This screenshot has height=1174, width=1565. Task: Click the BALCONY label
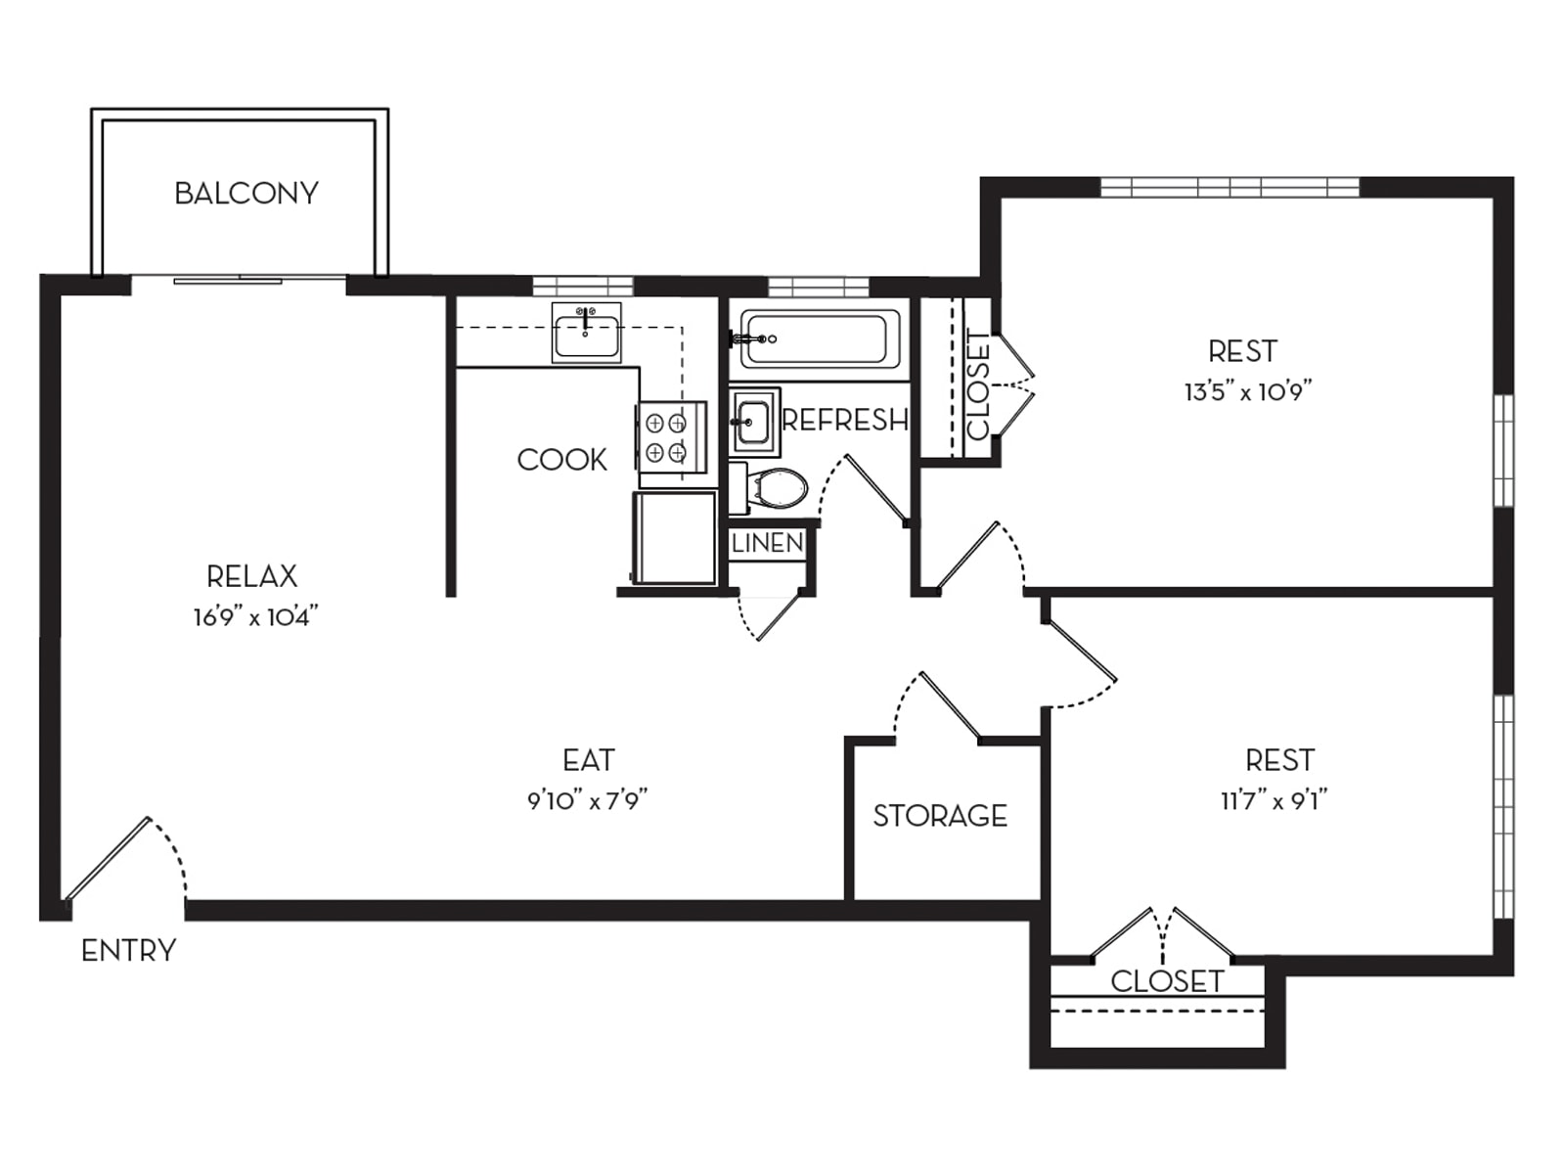point(246,193)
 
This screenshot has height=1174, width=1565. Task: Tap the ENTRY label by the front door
point(128,951)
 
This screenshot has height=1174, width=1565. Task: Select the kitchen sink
point(586,333)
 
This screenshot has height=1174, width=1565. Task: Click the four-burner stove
point(671,437)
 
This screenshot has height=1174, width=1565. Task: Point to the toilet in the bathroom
point(769,488)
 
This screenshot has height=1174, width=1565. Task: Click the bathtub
point(820,339)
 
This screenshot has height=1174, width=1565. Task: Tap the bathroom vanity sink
point(754,422)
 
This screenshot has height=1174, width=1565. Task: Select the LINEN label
point(767,543)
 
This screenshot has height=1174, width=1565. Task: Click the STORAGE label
point(940,816)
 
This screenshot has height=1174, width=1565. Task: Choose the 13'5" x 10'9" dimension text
point(1248,391)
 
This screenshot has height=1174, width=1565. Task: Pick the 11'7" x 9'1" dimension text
point(1274,800)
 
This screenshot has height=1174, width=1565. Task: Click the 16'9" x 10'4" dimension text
point(255,616)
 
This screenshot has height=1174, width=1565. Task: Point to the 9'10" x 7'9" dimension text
point(587,800)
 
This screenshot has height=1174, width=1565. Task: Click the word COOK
point(561,460)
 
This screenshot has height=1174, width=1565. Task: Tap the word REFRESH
point(845,421)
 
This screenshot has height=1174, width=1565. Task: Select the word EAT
point(588,760)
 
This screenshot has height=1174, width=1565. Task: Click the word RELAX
point(251,576)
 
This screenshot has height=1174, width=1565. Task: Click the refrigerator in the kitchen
point(674,538)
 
